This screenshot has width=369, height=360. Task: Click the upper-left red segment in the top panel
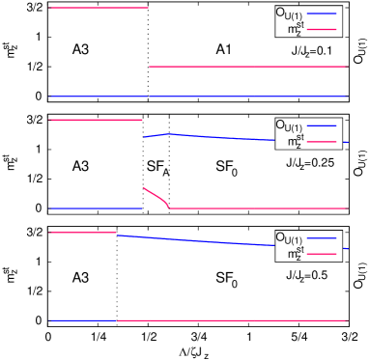tap(98, 8)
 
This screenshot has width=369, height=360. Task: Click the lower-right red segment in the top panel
tap(247, 67)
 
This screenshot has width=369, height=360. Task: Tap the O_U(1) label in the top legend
tap(289, 14)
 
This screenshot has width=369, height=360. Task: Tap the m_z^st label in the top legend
tap(295, 30)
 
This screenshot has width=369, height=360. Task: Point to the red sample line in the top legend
tap(324, 30)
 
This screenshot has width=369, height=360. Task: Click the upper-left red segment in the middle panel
tap(95, 120)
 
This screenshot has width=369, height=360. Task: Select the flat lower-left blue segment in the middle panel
tap(95, 208)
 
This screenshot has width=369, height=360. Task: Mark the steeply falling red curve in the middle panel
tap(156, 196)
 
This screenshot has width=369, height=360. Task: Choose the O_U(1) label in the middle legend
tap(289, 125)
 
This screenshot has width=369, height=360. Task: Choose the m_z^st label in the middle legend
tap(295, 142)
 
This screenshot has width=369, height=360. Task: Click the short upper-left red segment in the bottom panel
tap(82, 233)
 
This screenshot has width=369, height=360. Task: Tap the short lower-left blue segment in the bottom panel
tap(82, 320)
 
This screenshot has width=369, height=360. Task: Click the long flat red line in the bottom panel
tap(232, 320)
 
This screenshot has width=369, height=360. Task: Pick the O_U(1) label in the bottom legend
tap(289, 237)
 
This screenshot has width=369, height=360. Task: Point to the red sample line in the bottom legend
tap(324, 254)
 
